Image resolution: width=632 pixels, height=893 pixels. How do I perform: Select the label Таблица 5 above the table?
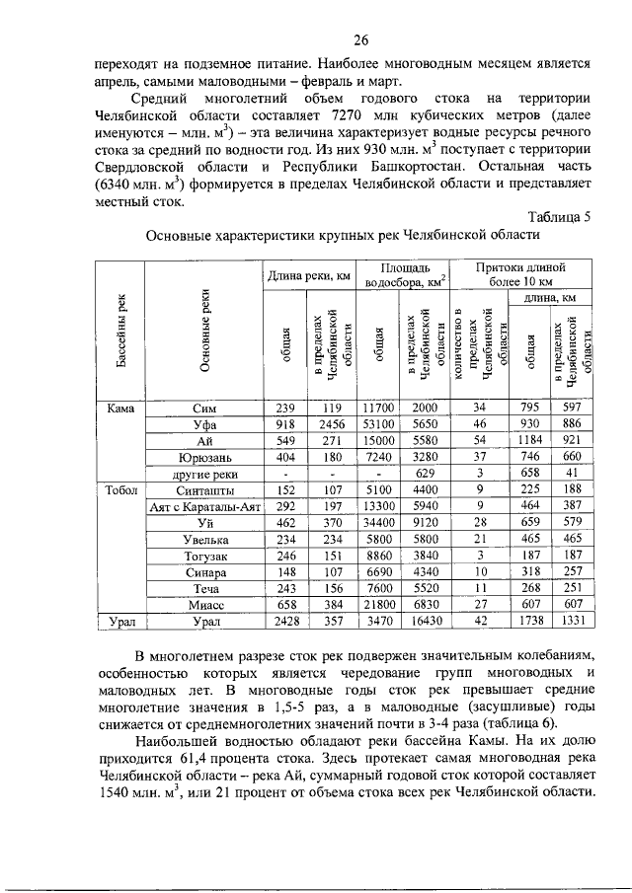[x=559, y=217]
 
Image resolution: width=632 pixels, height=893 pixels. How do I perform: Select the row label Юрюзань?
[x=206, y=458]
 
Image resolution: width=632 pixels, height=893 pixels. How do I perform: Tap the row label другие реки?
[x=206, y=475]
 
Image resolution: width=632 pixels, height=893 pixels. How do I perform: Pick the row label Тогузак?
[x=206, y=556]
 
